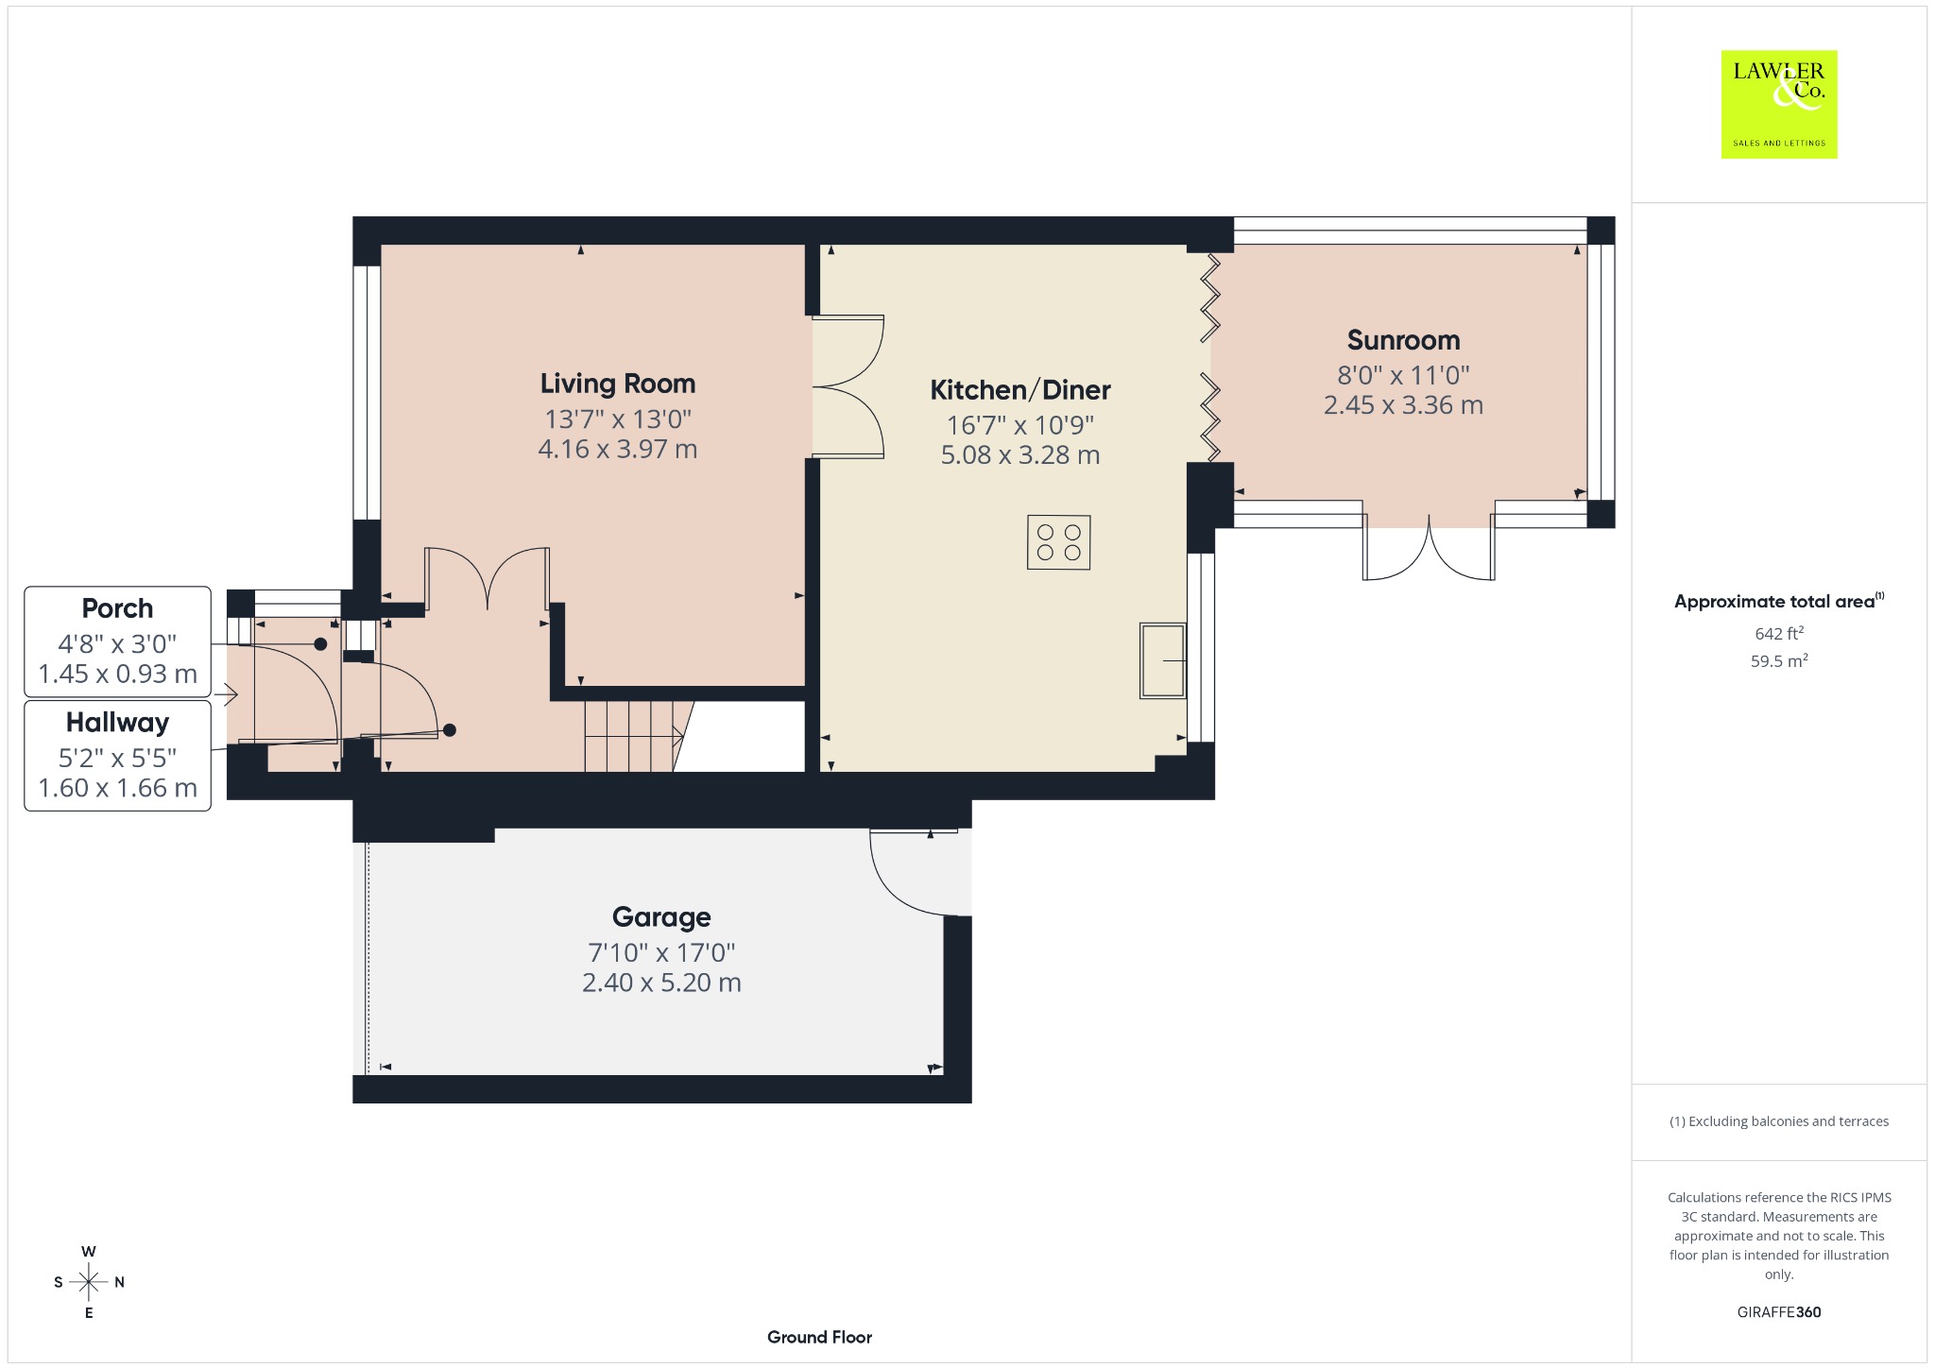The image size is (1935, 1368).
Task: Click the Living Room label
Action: click(x=618, y=384)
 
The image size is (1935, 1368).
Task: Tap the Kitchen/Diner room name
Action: click(x=1020, y=390)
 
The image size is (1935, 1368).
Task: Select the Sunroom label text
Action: click(x=1403, y=340)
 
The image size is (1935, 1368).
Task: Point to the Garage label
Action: click(x=661, y=917)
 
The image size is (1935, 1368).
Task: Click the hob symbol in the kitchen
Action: click(x=1058, y=542)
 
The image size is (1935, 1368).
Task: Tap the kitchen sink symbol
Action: click(x=1162, y=659)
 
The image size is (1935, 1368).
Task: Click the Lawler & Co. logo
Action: click(x=1779, y=104)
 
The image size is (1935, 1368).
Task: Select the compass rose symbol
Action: click(x=89, y=1282)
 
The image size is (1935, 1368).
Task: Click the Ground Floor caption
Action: click(x=819, y=1337)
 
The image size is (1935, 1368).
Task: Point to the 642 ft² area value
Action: click(x=1779, y=633)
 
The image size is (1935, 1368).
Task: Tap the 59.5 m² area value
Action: click(x=1779, y=660)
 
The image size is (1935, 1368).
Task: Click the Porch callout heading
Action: click(x=117, y=608)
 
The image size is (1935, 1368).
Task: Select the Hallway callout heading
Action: click(x=117, y=723)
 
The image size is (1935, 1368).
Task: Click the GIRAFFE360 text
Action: click(x=1779, y=1312)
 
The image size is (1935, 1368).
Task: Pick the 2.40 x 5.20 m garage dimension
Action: click(x=661, y=983)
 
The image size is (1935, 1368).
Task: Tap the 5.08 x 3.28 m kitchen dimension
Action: click(x=1020, y=455)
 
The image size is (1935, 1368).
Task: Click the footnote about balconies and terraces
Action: click(x=1779, y=1121)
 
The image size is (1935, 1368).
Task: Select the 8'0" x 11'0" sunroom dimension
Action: click(x=1403, y=375)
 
